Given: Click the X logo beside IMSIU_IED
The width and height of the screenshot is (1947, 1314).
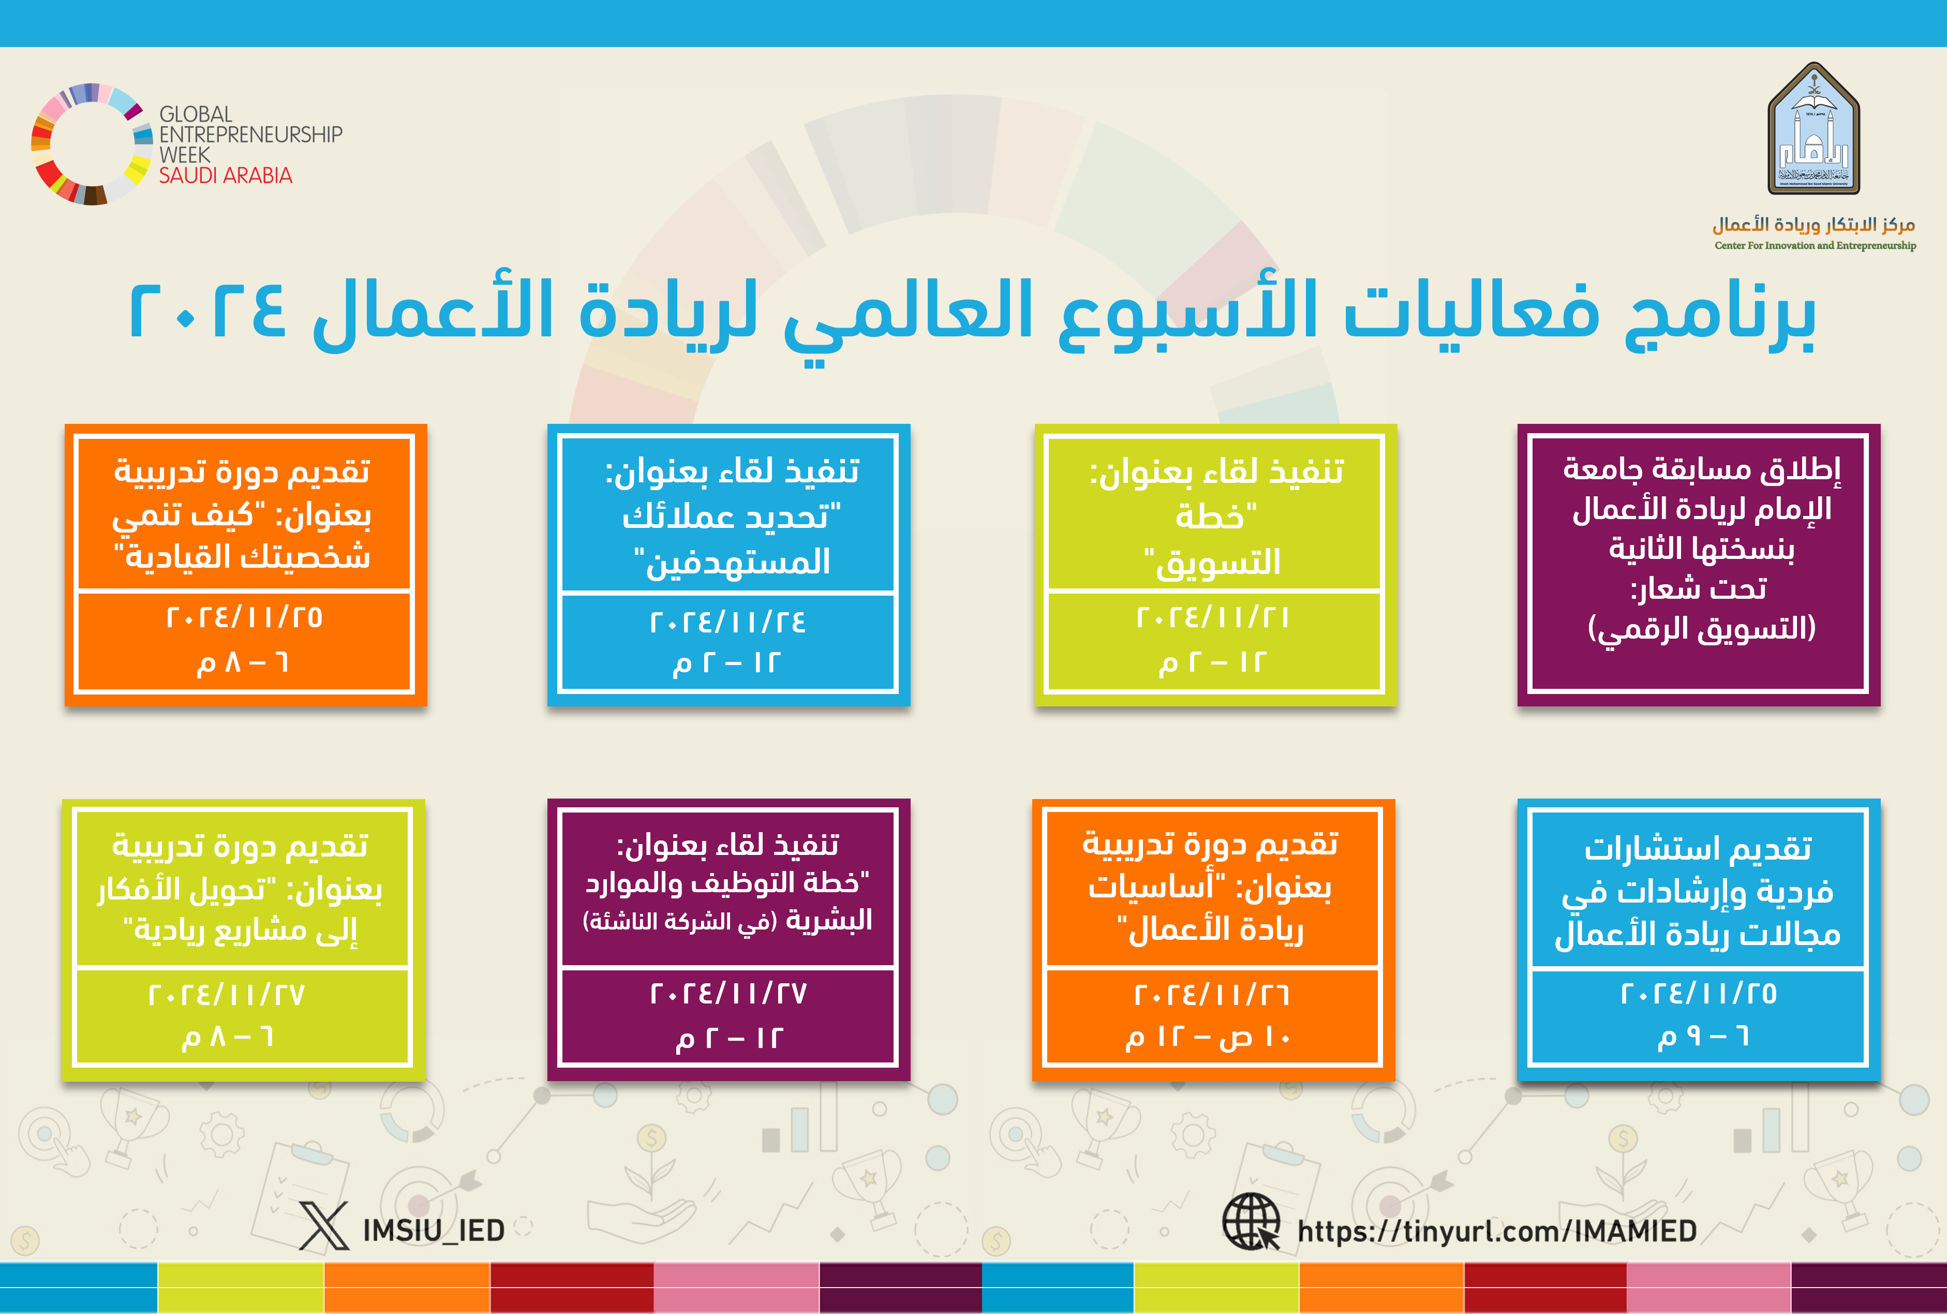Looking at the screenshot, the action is pos(324,1225).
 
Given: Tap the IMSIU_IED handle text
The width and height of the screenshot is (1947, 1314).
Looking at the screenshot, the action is pos(433,1230).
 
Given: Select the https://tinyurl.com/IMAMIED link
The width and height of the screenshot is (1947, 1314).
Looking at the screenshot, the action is pos(1497,1230).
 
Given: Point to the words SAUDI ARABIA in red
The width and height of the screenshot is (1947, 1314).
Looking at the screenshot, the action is pos(226,175).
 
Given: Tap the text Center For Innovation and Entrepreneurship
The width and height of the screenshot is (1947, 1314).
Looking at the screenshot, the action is pos(1815,245).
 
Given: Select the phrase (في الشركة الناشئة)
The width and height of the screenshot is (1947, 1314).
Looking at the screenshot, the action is pos(679,922).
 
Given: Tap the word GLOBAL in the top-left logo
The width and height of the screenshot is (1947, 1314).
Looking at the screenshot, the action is pos(196,114).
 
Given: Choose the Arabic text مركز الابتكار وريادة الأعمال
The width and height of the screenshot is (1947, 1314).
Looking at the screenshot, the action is pos(1814,225).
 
